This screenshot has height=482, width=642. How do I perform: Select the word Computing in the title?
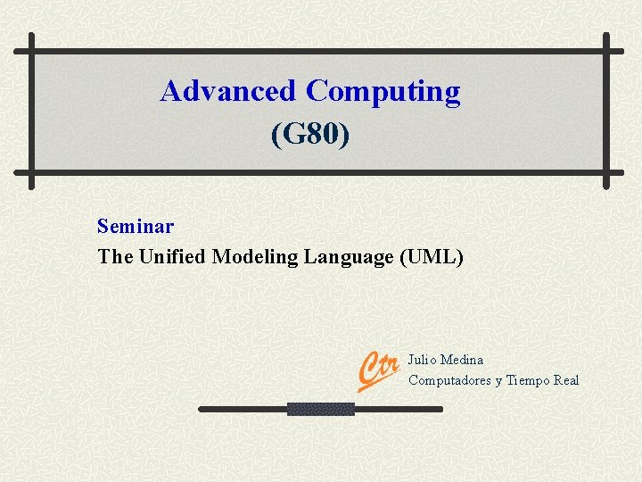[x=383, y=92]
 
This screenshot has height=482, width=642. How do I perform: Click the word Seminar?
[x=136, y=227]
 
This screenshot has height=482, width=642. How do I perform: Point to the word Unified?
[x=173, y=257]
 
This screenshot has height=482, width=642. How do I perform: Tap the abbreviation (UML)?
[x=432, y=257]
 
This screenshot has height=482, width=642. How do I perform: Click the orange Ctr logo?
[x=377, y=369]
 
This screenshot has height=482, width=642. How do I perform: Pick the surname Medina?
[x=463, y=360]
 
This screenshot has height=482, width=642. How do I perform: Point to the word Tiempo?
[x=528, y=380]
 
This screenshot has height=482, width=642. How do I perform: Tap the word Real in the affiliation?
[x=566, y=380]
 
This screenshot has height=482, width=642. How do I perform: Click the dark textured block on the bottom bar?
[x=320, y=409]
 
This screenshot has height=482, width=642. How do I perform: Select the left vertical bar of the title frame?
[x=31, y=112]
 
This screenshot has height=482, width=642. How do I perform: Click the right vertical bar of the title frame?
[x=606, y=112]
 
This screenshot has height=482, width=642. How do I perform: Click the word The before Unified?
[x=115, y=257]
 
